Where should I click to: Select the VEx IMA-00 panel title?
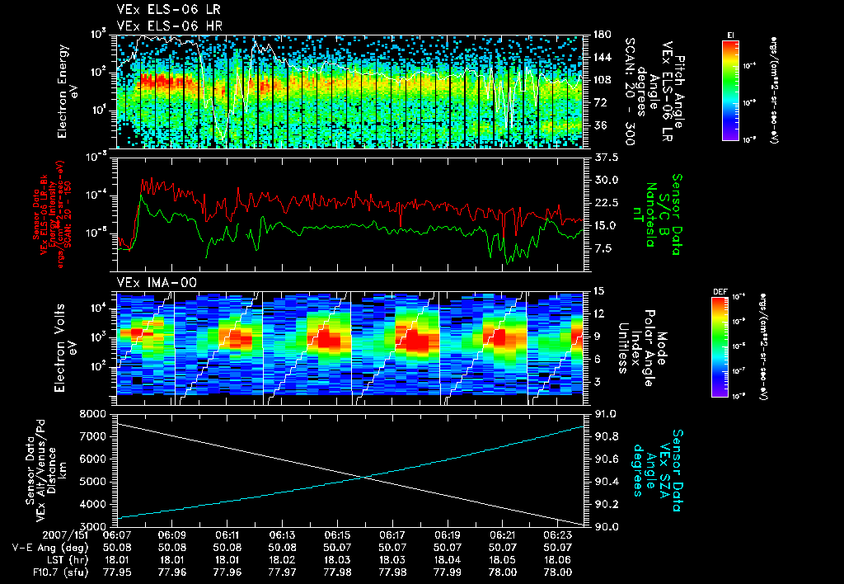150,282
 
